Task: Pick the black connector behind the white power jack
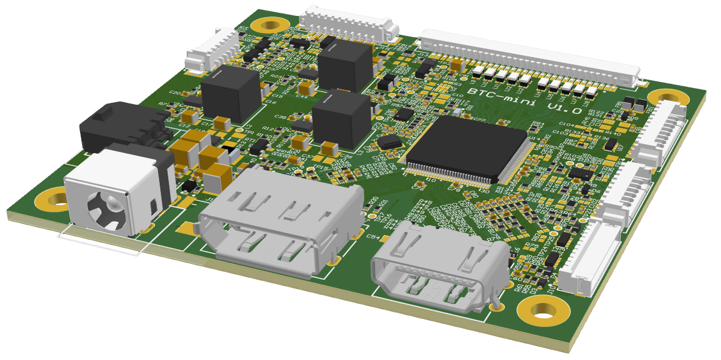tap(116, 129)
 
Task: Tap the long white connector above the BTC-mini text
tap(529, 58)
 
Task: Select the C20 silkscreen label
tap(175, 93)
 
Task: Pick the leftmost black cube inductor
tap(231, 93)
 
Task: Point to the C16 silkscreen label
tap(270, 102)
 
